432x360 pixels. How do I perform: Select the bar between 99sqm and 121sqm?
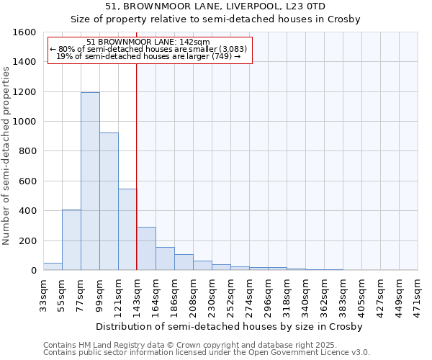109,202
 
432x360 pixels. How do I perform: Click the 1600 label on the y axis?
24,32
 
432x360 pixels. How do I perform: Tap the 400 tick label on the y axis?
27,211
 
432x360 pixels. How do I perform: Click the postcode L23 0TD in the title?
305,6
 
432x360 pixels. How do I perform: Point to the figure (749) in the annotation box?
220,56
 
